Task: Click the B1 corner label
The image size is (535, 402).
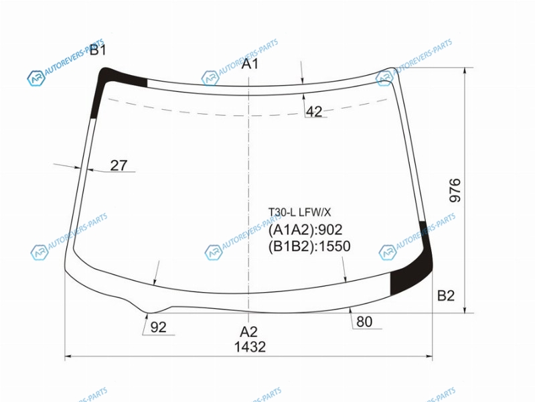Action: click(98, 50)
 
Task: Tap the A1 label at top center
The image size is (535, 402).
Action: click(250, 64)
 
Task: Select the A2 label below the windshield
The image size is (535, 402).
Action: click(248, 332)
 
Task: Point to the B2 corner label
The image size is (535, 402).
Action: click(446, 295)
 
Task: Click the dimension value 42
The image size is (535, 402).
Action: click(314, 111)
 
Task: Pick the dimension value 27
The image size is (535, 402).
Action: click(119, 165)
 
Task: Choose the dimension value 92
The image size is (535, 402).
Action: click(158, 327)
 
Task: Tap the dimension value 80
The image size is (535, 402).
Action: click(364, 322)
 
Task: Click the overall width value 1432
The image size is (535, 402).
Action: click(250, 347)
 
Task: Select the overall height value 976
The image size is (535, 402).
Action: click(455, 190)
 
